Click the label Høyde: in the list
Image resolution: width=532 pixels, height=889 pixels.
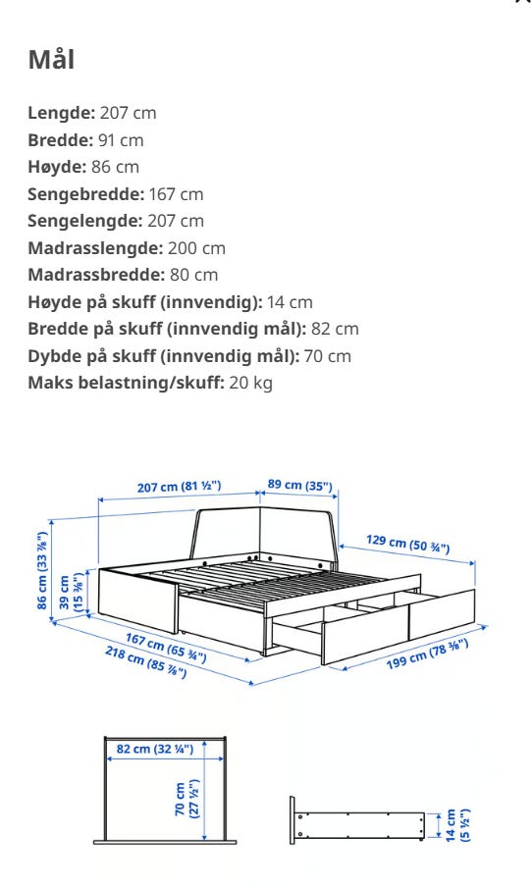(56, 167)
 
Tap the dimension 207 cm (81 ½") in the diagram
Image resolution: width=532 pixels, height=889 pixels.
(180, 487)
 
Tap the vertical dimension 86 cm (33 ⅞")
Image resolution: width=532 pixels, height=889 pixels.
(41, 571)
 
